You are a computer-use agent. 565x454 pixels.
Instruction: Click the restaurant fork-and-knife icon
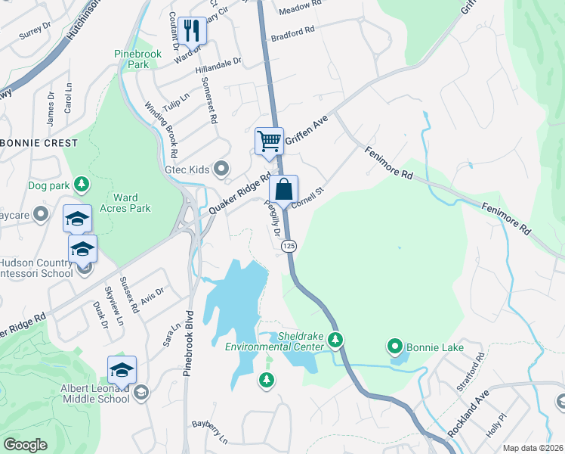[x=192, y=30]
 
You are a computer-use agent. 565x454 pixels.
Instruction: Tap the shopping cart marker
[x=269, y=141]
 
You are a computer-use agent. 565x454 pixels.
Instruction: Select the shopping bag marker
[x=283, y=189]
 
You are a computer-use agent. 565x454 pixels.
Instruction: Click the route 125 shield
[x=288, y=247]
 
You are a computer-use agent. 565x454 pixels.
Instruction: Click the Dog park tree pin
[x=82, y=184]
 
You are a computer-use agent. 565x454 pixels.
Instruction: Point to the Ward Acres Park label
[x=121, y=203]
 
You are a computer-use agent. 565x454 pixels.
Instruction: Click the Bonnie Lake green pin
[x=394, y=347]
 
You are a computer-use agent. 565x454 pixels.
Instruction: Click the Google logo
[x=25, y=445]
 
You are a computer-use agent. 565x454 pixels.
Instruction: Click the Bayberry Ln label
[x=209, y=431]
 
